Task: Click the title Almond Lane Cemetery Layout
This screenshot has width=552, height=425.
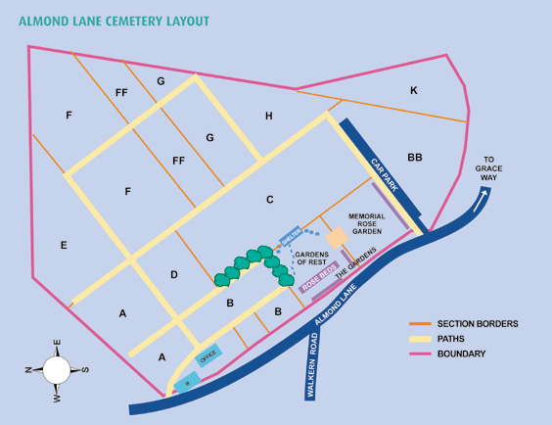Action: click(114, 20)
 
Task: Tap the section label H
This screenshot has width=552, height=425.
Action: click(268, 117)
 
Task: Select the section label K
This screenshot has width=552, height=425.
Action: click(413, 91)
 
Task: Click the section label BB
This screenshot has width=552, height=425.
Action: click(415, 157)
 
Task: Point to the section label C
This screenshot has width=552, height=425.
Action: click(269, 201)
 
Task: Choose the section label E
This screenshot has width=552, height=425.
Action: click(64, 245)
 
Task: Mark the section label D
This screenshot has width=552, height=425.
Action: click(174, 275)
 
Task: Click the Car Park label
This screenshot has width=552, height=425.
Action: click(383, 174)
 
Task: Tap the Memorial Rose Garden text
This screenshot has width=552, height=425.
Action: click(367, 223)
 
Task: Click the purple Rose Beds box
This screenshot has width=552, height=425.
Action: click(319, 279)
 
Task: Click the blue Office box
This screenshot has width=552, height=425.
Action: click(207, 355)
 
